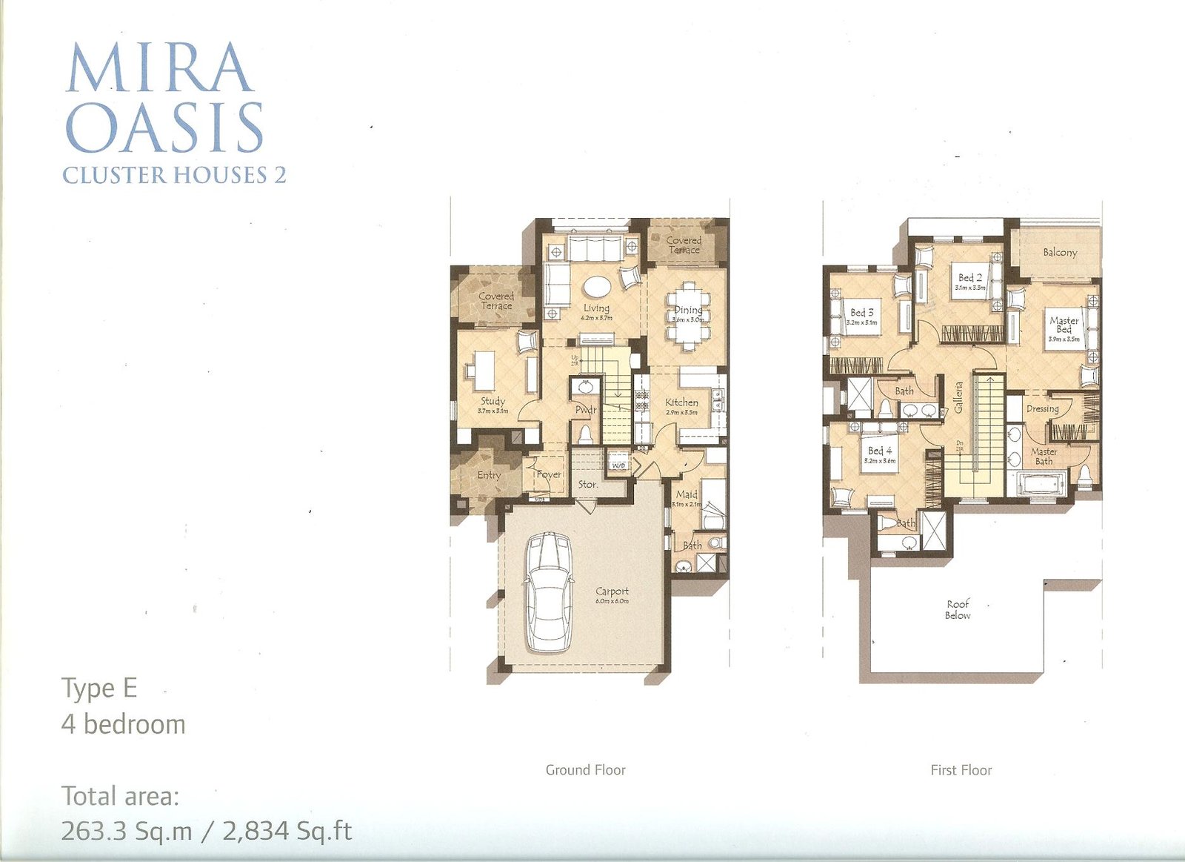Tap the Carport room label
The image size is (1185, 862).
click(x=612, y=591)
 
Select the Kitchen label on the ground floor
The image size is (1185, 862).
click(x=681, y=402)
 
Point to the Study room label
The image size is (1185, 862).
click(x=493, y=401)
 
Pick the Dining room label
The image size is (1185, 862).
click(x=688, y=310)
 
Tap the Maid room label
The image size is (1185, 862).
click(x=687, y=494)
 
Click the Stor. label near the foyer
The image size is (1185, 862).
click(x=588, y=484)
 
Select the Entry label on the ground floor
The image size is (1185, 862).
click(x=489, y=474)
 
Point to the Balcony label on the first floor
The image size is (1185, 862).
click(x=1060, y=252)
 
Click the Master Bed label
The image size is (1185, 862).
click(x=1064, y=325)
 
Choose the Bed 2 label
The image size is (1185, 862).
click(x=970, y=277)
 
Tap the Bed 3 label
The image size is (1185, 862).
click(x=862, y=313)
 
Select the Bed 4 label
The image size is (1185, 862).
click(x=880, y=451)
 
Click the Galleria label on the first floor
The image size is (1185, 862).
click(x=958, y=397)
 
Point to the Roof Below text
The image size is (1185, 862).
click(x=958, y=609)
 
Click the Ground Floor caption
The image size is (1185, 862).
click(x=586, y=770)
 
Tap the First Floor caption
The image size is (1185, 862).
click(x=961, y=770)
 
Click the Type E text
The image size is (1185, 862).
click(x=99, y=689)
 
